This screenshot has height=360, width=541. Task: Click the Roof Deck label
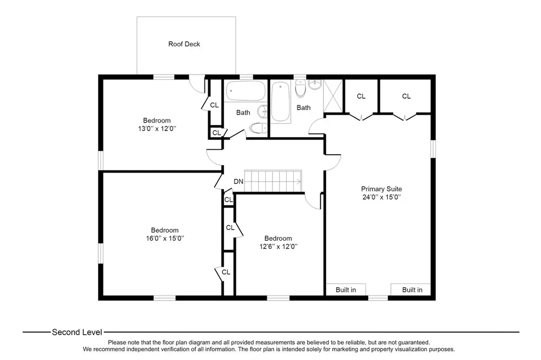pyautogui.click(x=184, y=44)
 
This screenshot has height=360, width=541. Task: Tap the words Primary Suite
pyautogui.click(x=381, y=189)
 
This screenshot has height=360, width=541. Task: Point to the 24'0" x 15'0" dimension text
pyautogui.click(x=381, y=197)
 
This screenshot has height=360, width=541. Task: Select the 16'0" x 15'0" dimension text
pyautogui.click(x=165, y=238)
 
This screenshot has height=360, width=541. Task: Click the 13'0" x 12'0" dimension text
pyautogui.click(x=157, y=129)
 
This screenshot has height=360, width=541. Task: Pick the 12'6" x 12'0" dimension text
pyautogui.click(x=278, y=247)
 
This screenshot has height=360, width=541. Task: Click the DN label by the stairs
pyautogui.click(x=238, y=182)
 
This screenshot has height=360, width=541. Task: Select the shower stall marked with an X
pyautogui.click(x=333, y=96)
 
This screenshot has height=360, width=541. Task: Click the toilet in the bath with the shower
pyautogui.click(x=301, y=89)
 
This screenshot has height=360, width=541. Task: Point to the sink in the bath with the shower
pyautogui.click(x=315, y=84)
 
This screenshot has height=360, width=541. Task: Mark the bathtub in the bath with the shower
pyautogui.click(x=280, y=101)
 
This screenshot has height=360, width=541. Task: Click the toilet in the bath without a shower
pyautogui.click(x=258, y=128)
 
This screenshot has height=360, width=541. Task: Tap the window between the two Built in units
pyautogui.click(x=378, y=298)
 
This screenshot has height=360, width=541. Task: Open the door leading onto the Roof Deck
pyautogui.click(x=198, y=84)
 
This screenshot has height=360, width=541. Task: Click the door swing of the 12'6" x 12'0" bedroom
pyautogui.click(x=314, y=202)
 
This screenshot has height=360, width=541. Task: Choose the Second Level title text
pyautogui.click(x=77, y=333)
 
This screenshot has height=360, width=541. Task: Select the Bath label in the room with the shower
pyautogui.click(x=304, y=108)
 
